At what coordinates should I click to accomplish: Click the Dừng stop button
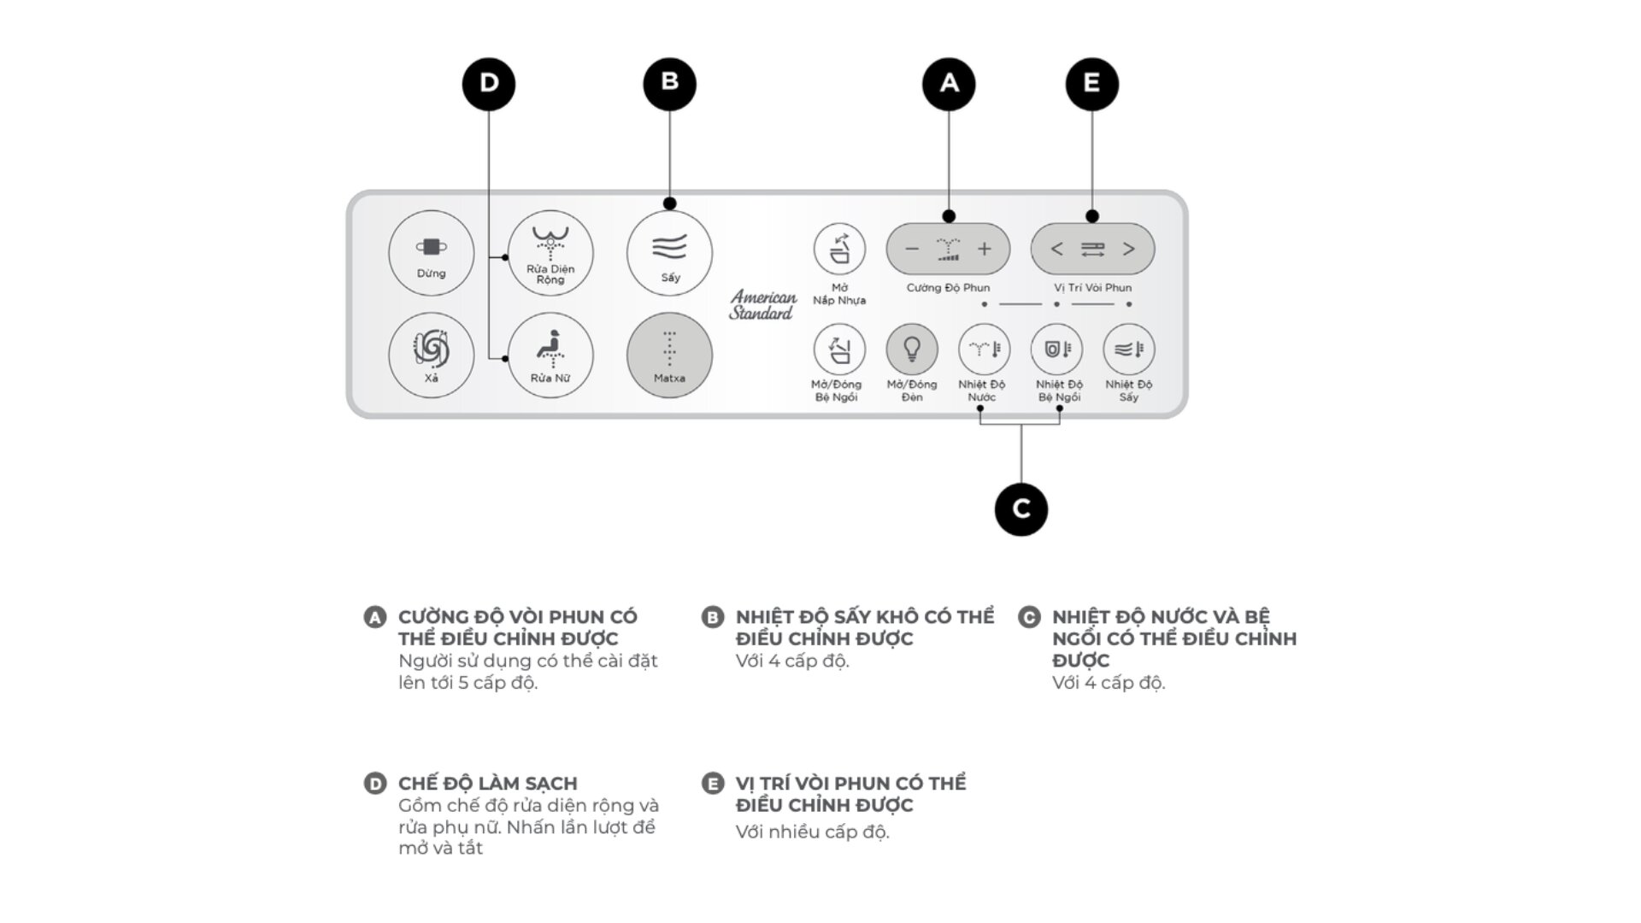point(431,253)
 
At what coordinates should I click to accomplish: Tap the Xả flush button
point(431,355)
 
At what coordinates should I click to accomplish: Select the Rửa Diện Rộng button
point(550,253)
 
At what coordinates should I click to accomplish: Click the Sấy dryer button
point(669,253)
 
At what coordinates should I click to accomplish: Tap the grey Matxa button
point(669,355)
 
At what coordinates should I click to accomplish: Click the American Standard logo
point(762,305)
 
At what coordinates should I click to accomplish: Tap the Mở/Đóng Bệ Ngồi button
point(838,349)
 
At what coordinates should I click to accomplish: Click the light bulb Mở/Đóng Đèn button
point(912,349)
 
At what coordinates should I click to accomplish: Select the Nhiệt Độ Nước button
point(984,349)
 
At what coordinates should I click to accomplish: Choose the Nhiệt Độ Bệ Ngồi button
point(1056,349)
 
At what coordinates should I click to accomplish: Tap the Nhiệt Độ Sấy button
point(1129,349)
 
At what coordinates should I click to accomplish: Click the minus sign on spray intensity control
point(912,250)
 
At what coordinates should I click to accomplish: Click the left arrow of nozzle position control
point(1057,250)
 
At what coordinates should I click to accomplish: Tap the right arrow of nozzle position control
point(1129,250)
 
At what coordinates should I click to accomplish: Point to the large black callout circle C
point(1021,509)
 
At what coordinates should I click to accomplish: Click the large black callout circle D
point(489,84)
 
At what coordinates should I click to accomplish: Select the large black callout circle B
point(670,84)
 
